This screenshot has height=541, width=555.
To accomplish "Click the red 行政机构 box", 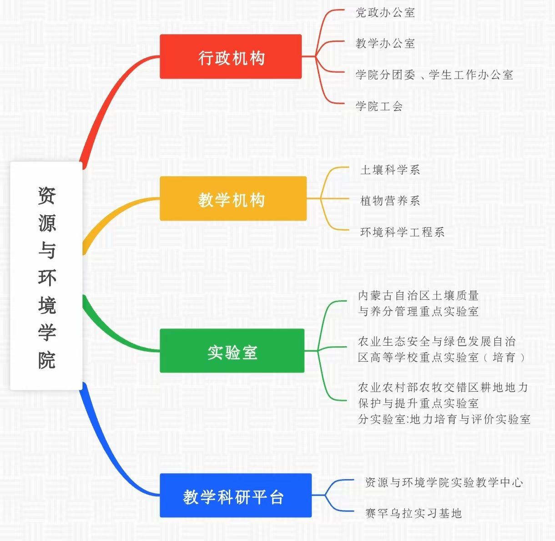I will (x=231, y=57).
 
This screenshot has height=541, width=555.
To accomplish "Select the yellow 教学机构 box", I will (x=233, y=199).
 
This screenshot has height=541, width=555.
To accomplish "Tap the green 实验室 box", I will (x=232, y=351).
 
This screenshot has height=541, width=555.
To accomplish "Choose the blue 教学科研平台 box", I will (x=236, y=495).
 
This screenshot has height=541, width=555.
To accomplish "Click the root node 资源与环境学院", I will (x=46, y=276).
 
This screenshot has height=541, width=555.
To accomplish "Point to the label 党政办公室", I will (x=385, y=12).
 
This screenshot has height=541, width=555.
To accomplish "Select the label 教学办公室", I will (x=385, y=43).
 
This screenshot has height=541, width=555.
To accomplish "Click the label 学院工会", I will (x=379, y=106).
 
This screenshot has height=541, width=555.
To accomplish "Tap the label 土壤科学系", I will (x=390, y=170).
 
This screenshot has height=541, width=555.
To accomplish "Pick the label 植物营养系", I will (x=390, y=201).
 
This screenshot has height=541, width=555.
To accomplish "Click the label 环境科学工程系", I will (x=402, y=232).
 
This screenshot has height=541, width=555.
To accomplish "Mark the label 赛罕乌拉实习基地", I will (x=414, y=513).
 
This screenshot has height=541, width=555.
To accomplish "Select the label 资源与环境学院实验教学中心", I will (x=444, y=482).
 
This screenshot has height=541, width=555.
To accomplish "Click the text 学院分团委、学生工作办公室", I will (x=434, y=75).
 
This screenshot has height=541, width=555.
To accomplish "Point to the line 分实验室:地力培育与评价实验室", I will (x=444, y=419).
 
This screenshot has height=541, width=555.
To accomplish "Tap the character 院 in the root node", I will (x=47, y=360).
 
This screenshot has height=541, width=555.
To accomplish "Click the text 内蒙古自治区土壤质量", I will (x=419, y=295).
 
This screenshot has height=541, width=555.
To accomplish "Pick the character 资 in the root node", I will (x=47, y=196).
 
